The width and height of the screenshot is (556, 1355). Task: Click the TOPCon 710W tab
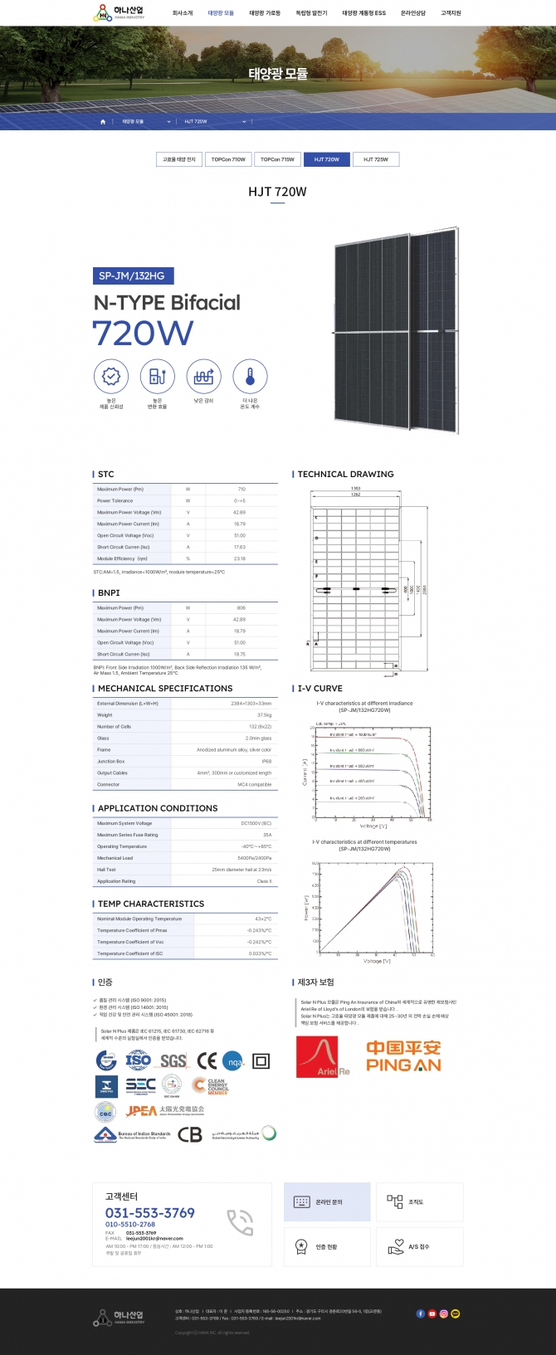tap(228, 159)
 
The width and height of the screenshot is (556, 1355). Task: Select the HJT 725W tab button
tap(375, 159)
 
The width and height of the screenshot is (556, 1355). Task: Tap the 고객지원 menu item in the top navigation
tap(451, 13)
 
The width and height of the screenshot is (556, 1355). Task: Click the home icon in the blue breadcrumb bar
tap(103, 122)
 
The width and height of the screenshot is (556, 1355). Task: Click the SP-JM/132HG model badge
tap(133, 275)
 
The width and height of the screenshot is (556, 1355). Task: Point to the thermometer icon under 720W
tap(250, 376)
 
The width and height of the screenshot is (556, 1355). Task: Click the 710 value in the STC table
tap(241, 490)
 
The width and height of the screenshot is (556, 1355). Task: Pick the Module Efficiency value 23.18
tap(240, 558)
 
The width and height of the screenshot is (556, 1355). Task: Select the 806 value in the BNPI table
tap(241, 608)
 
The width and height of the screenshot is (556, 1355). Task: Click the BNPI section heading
tap(109, 592)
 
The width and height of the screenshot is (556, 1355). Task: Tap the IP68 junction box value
tap(266, 761)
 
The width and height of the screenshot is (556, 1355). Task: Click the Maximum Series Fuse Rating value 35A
tap(267, 835)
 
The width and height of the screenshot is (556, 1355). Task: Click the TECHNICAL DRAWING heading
tap(345, 474)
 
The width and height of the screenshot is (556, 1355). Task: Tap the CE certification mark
tap(207, 1060)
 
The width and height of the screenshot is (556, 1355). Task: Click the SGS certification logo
tap(173, 1060)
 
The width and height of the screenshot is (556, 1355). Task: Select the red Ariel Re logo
tap(323, 1056)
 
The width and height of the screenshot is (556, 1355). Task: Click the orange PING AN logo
tap(403, 1056)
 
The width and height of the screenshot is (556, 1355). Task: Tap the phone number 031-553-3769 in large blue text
tap(149, 1212)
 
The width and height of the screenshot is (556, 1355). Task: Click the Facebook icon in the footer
tap(420, 1314)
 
